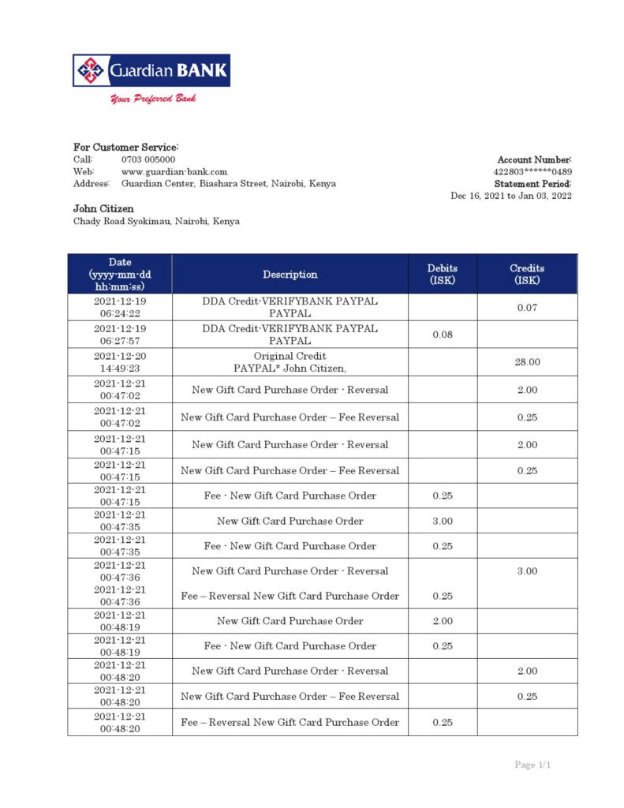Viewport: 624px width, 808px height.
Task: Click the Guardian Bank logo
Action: point(151,70)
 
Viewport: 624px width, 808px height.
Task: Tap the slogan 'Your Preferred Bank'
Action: point(153,99)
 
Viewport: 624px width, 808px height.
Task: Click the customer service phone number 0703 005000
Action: point(148,159)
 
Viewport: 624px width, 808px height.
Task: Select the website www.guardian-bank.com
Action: point(174,171)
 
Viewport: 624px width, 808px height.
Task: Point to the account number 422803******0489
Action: point(532,171)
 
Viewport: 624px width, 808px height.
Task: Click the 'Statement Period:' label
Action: point(532,184)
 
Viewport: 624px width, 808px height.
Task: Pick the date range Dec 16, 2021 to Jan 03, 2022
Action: point(511,196)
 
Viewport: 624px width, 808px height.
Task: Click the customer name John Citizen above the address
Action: point(103,209)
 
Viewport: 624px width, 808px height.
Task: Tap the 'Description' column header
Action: point(290,275)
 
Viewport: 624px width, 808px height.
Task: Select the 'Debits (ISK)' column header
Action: point(443,274)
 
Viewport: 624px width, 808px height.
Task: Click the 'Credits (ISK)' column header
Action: point(527,274)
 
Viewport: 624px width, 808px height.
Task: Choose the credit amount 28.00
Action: point(527,362)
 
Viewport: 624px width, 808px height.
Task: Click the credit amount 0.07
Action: point(527,308)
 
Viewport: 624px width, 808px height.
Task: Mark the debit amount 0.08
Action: point(443,335)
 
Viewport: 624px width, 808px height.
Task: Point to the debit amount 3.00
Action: point(443,521)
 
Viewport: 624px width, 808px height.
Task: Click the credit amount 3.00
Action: point(527,571)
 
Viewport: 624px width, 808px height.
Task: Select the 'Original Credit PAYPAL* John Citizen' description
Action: point(290,362)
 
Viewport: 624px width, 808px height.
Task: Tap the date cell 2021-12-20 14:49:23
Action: point(120,362)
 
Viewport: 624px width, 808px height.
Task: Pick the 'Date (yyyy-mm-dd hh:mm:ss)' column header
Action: point(120,274)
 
